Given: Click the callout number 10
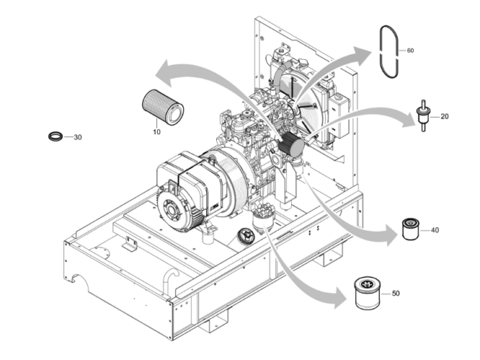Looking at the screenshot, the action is coord(156,132).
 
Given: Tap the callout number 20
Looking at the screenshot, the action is coord(445,116).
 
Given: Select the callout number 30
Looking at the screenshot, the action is coord(78,137).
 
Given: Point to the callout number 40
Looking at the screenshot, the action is coord(435,230).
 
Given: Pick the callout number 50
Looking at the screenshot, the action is coord(396,294).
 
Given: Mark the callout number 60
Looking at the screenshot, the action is coord(410,51).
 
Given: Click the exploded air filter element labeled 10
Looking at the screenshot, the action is coord(163,107).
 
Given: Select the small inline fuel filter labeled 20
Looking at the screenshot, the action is coord(423,115).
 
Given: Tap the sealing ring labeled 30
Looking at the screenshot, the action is coord(56,136).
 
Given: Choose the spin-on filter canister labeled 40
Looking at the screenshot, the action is coord(411,229).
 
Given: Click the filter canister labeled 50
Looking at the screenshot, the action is coord(368,293).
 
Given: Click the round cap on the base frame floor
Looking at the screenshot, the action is coord(246,237).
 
